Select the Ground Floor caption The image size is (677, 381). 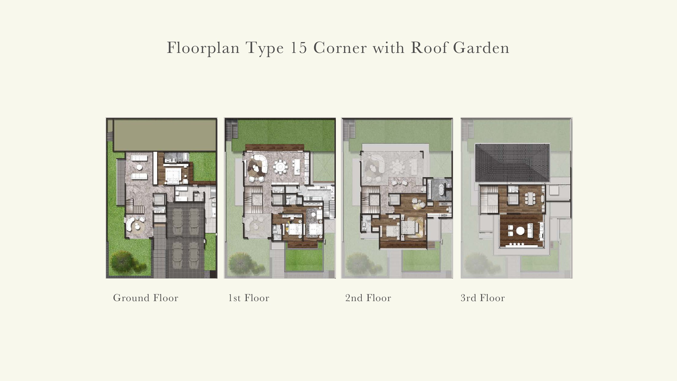point(146,298)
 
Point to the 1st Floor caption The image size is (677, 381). point(249,298)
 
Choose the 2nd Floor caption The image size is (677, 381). point(368,298)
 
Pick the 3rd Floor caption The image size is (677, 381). point(483,298)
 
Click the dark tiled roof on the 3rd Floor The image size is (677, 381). point(512,163)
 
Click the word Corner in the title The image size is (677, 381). point(340,48)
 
